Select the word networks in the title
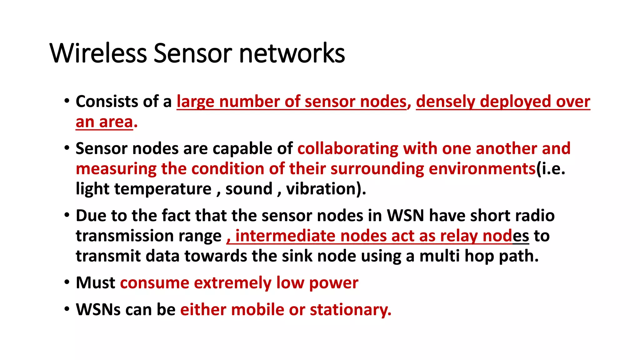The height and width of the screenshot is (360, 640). pyautogui.click(x=292, y=53)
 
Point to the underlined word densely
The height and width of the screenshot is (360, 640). pyautogui.click(x=445, y=102)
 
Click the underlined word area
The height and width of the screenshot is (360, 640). pyautogui.click(x=116, y=122)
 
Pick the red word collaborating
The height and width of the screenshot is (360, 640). pyautogui.click(x=348, y=148)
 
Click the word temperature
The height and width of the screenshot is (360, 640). pyautogui.click(x=163, y=189)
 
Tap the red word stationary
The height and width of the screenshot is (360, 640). pyautogui.click(x=350, y=310)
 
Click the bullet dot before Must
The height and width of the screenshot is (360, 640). pyautogui.click(x=67, y=282)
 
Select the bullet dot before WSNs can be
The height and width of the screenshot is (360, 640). pyautogui.click(x=67, y=309)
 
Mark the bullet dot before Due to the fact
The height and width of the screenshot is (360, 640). pyautogui.click(x=67, y=215)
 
